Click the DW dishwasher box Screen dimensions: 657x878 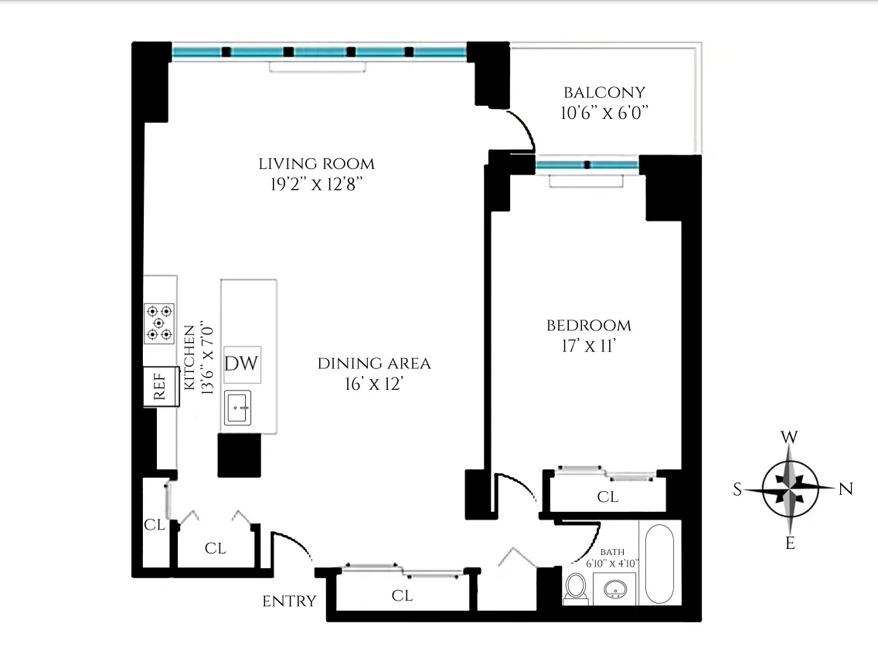tap(241, 364)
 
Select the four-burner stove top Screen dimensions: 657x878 tap(159, 323)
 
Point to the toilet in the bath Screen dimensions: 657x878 tap(575, 588)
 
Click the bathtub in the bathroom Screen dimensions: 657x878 tap(659, 564)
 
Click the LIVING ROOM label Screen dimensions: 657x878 tap(316, 164)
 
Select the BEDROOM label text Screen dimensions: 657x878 tap(588, 326)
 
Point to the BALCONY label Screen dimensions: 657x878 tap(604, 92)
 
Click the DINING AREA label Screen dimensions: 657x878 tap(373, 364)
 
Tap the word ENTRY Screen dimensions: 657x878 tap(289, 601)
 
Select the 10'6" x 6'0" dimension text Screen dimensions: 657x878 tap(604, 113)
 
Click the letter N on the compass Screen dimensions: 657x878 tap(845, 488)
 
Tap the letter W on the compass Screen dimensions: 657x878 tap(789, 438)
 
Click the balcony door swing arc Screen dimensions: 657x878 tap(522, 128)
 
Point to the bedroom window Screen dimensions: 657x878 tap(587, 164)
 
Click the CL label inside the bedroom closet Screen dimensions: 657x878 tap(607, 497)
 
